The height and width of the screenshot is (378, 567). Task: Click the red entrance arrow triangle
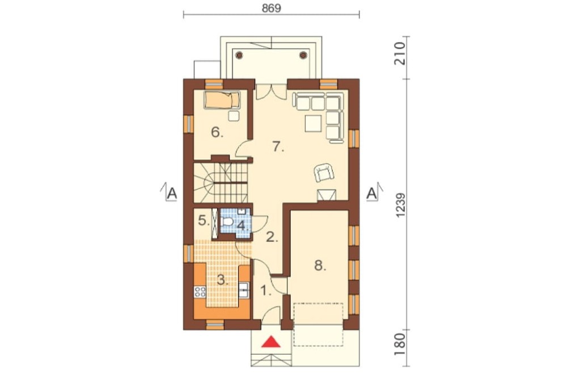click(x=271, y=342)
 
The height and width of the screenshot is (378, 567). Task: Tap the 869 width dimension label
click(x=271, y=8)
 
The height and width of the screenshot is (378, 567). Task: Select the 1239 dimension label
click(x=401, y=205)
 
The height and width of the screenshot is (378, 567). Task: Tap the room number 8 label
click(x=320, y=266)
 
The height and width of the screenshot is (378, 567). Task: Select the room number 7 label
click(x=278, y=146)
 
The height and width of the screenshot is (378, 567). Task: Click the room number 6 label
click(x=217, y=133)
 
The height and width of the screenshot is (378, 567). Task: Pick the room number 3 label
click(x=222, y=280)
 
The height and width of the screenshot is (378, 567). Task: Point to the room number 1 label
click(x=266, y=291)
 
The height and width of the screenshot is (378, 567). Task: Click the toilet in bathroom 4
click(x=227, y=221)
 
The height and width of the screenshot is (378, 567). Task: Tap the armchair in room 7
click(x=324, y=172)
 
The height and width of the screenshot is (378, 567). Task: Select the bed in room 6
click(x=222, y=99)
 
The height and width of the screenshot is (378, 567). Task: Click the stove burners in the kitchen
click(x=200, y=292)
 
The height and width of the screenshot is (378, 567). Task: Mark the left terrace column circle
click(x=239, y=55)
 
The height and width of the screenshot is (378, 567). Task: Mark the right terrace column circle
click(x=303, y=55)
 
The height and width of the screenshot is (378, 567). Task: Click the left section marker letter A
click(x=172, y=194)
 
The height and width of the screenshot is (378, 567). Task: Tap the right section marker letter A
click(x=371, y=194)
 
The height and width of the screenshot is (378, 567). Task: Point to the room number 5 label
click(x=204, y=220)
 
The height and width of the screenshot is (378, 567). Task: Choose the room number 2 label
click(x=272, y=237)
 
